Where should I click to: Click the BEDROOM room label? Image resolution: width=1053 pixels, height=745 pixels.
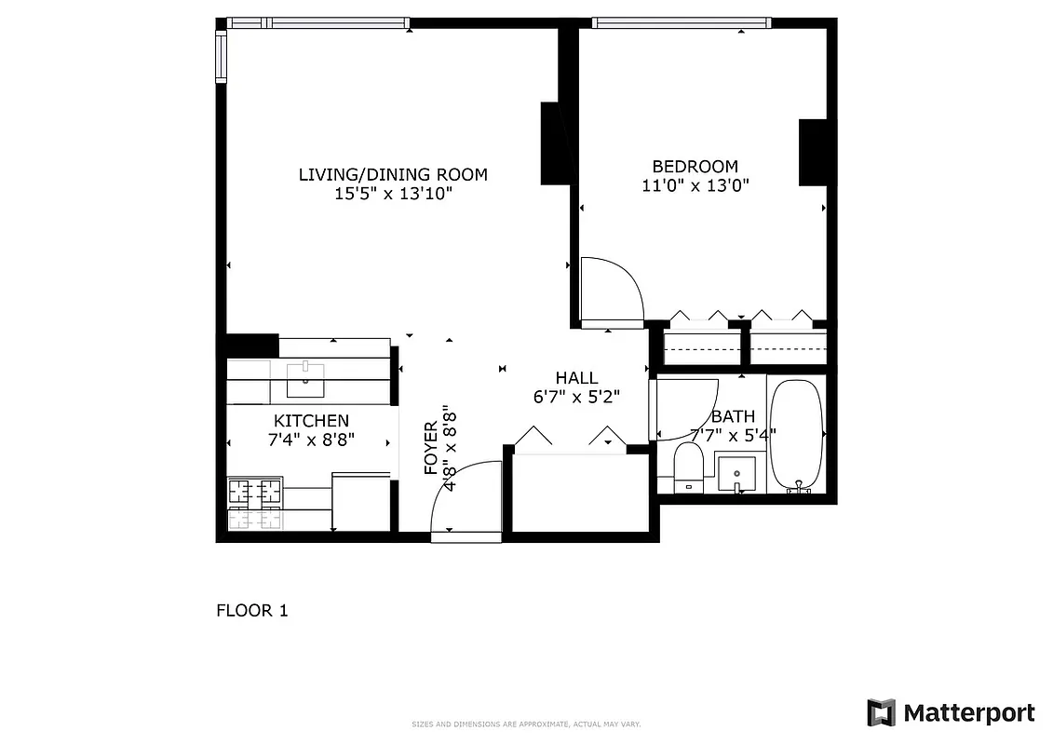(695, 166)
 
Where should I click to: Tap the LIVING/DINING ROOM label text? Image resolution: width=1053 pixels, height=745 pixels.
(392, 174)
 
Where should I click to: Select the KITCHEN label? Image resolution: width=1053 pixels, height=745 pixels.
(311, 421)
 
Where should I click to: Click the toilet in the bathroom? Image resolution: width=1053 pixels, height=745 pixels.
(689, 465)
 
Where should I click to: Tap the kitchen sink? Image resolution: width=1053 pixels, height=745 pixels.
(305, 379)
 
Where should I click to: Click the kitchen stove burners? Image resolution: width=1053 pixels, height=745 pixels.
(255, 504)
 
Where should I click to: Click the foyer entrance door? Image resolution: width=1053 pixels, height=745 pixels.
(465, 497)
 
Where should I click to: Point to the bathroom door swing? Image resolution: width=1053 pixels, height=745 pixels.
(686, 408)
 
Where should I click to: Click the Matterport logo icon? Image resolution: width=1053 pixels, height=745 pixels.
(881, 713)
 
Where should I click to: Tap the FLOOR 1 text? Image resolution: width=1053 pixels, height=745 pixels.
(252, 611)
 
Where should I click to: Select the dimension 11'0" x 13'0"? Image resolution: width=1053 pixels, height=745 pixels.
(695, 185)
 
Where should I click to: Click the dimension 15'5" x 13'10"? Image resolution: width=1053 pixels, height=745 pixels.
(392, 194)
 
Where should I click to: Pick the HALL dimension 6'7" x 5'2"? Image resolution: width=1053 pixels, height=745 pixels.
(576, 396)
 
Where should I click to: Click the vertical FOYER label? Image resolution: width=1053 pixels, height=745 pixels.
(431, 448)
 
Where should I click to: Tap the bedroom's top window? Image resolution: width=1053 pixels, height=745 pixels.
(682, 22)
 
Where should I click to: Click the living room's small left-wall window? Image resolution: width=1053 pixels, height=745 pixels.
(222, 57)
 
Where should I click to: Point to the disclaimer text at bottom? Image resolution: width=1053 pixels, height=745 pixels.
(526, 724)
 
